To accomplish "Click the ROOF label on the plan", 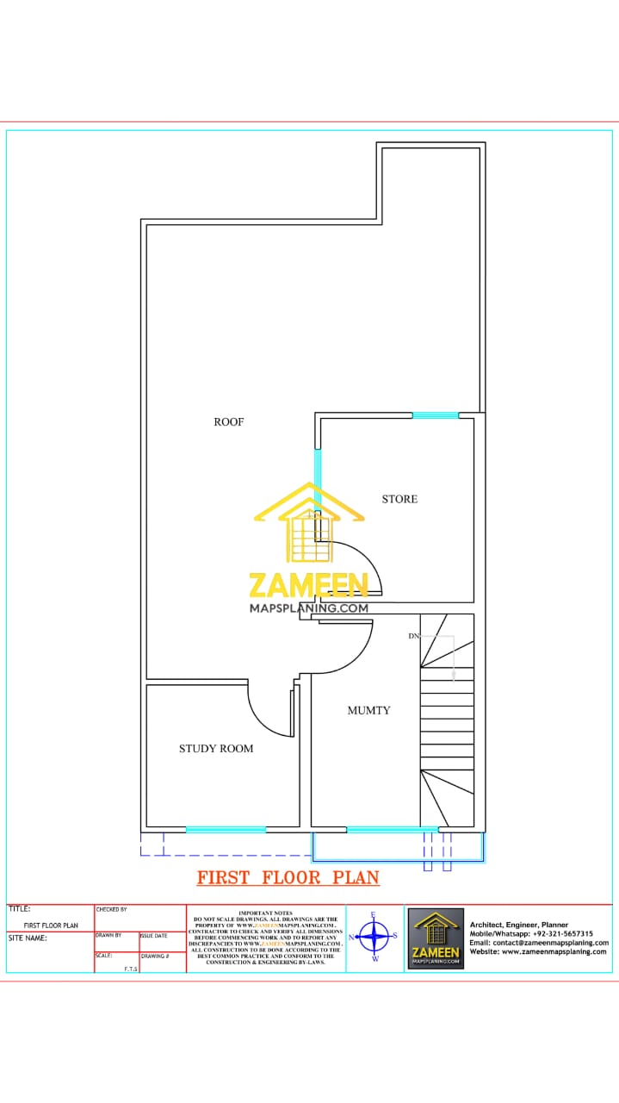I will pos(229,422).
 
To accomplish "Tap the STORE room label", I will pos(399,499).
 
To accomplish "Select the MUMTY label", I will pos(368,711).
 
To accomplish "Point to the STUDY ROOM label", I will pos(216,749).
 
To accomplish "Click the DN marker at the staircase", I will pos(413,636).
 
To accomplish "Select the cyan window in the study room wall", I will pos(226,830).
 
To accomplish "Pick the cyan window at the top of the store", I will pos(435,415).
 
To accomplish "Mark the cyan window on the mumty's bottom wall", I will pos(392,830).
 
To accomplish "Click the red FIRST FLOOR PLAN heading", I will pos(288,878).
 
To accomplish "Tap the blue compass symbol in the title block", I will pos(374,935).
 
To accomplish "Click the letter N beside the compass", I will pos(351,937).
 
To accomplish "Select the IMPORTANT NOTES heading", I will pos(265,913).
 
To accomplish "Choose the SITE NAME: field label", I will pos(28,938).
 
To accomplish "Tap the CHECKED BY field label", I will pos(112,909).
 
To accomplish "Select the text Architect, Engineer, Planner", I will pos(519,925).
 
